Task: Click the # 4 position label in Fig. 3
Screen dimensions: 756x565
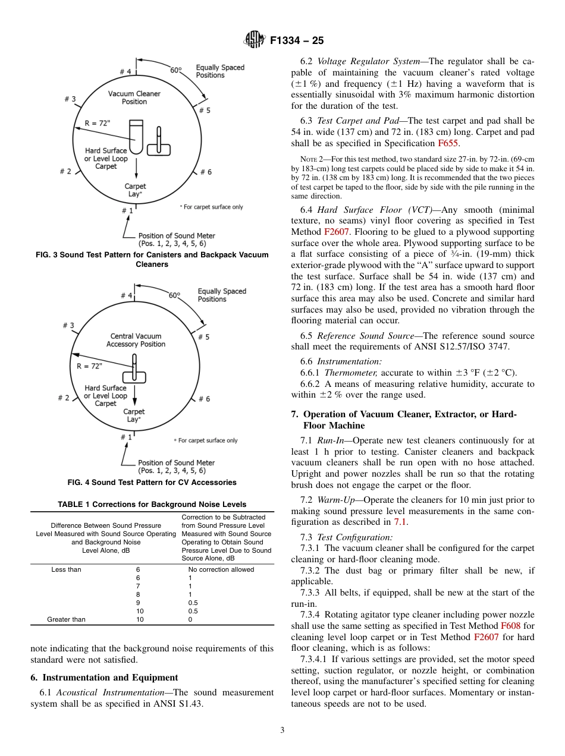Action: [x=125, y=72]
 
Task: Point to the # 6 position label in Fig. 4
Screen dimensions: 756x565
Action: [x=204, y=399]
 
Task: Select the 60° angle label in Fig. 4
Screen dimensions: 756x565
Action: [x=174, y=295]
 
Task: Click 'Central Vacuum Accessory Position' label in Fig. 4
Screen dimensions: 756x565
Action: [x=136, y=340]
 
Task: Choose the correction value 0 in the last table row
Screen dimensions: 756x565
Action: [x=190, y=619]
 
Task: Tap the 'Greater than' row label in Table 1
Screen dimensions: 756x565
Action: [x=66, y=619]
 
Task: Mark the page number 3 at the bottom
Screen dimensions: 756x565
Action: [x=282, y=730]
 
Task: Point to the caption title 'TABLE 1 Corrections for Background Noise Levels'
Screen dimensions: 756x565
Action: [x=152, y=505]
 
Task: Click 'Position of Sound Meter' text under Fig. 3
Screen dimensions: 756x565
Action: [x=177, y=236]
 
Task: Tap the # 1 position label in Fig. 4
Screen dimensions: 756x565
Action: [x=125, y=437]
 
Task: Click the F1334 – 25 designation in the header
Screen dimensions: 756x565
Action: [x=297, y=41]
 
